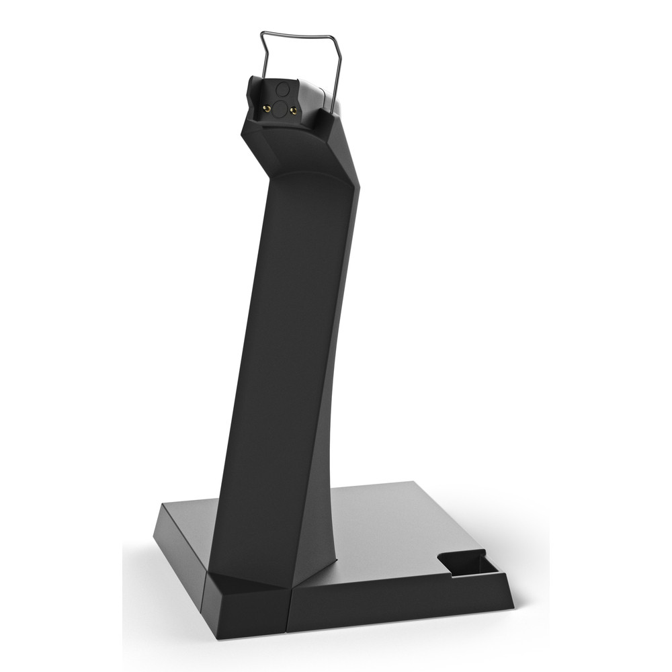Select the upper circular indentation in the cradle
click(x=282, y=87)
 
